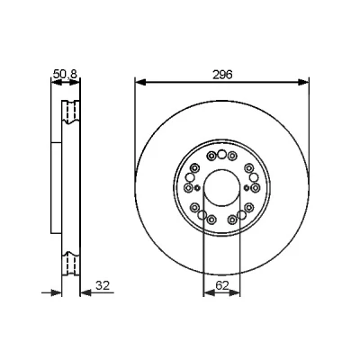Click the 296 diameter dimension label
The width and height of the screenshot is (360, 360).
[222, 75]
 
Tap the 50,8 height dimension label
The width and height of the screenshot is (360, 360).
[65, 74]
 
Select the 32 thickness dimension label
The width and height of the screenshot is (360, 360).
[103, 285]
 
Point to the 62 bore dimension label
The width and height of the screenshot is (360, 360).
[222, 285]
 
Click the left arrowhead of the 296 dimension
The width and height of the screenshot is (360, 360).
[140, 82]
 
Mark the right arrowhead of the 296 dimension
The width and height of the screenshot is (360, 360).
[303, 82]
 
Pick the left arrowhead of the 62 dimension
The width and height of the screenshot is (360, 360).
[209, 292]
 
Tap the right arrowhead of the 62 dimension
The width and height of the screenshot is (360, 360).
[235, 292]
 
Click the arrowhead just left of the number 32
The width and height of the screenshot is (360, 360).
[85, 292]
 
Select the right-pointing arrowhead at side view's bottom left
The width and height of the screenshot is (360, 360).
[56, 292]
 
